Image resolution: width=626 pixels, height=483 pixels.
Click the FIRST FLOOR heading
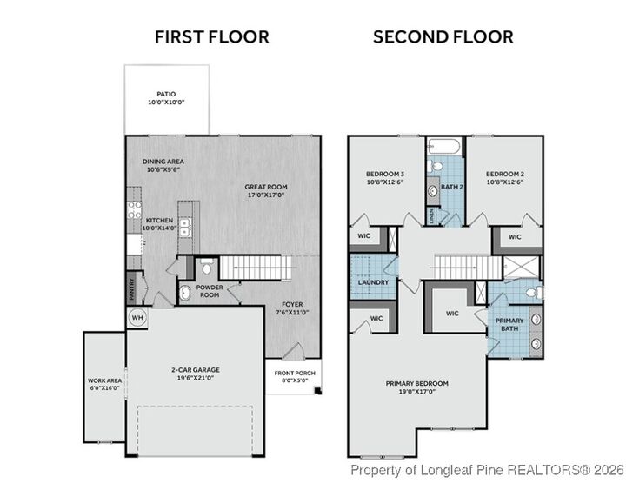click(211, 36)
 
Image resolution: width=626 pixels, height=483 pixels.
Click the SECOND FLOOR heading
click(443, 36)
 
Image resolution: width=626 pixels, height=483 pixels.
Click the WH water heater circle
click(137, 317)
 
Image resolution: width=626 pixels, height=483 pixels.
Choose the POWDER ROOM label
click(210, 290)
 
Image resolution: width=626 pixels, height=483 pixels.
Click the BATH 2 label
click(451, 186)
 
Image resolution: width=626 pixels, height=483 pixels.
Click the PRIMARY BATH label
click(509, 323)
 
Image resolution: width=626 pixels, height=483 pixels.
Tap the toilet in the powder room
click(205, 265)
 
